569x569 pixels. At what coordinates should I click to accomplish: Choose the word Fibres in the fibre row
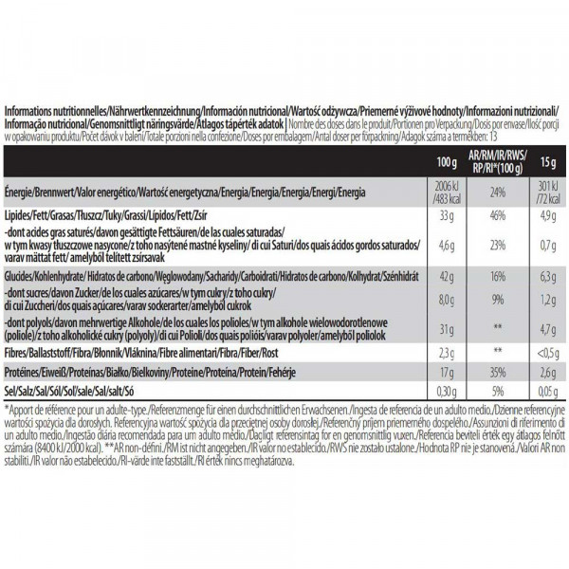click(x=19, y=351)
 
